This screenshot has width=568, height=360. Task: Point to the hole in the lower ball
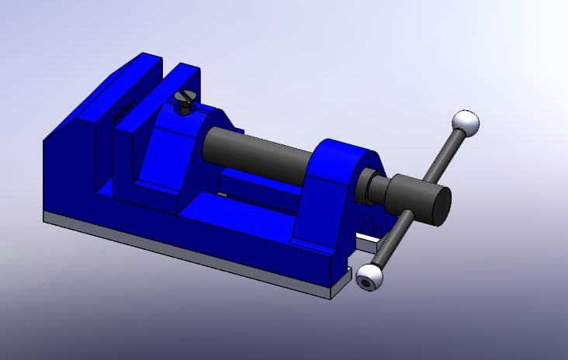[x=365, y=283]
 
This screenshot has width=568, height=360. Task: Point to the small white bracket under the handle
[x=371, y=232]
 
